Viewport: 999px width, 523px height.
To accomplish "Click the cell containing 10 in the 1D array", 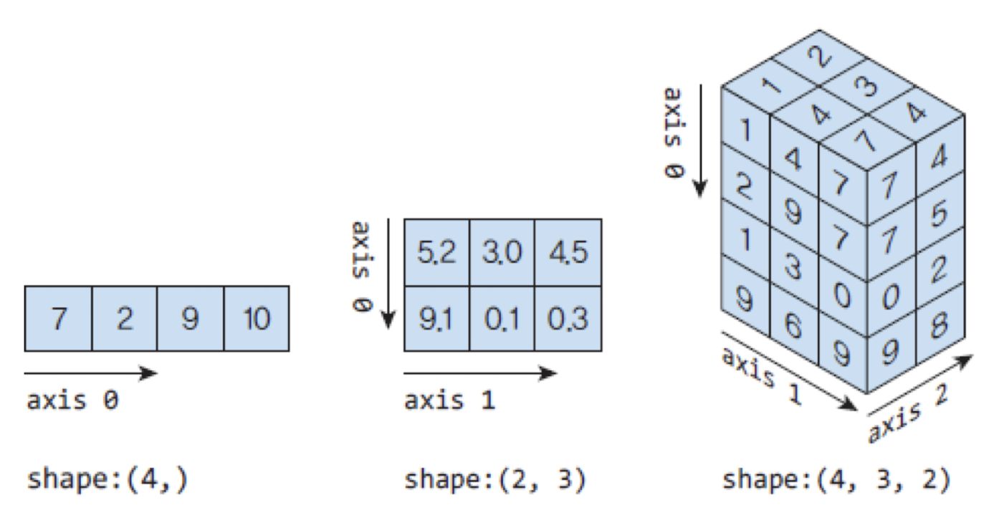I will [x=257, y=319].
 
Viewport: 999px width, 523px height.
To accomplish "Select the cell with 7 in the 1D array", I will [x=58, y=319].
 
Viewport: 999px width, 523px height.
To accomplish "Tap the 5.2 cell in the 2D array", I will [x=437, y=252].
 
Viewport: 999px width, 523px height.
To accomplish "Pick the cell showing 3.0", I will [x=502, y=252].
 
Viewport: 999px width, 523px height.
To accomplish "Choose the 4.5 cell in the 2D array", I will [x=568, y=252].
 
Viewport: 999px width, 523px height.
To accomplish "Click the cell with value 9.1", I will [x=437, y=318].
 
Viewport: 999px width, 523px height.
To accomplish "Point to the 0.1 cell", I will [x=502, y=318].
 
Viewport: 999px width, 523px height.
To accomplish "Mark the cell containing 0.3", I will [x=568, y=318].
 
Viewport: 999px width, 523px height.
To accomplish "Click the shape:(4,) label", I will [x=108, y=479].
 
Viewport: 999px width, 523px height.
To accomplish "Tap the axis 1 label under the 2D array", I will [x=449, y=400].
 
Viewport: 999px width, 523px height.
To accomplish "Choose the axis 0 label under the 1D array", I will [x=72, y=400].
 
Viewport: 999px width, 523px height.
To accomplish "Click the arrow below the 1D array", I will [x=90, y=373].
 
